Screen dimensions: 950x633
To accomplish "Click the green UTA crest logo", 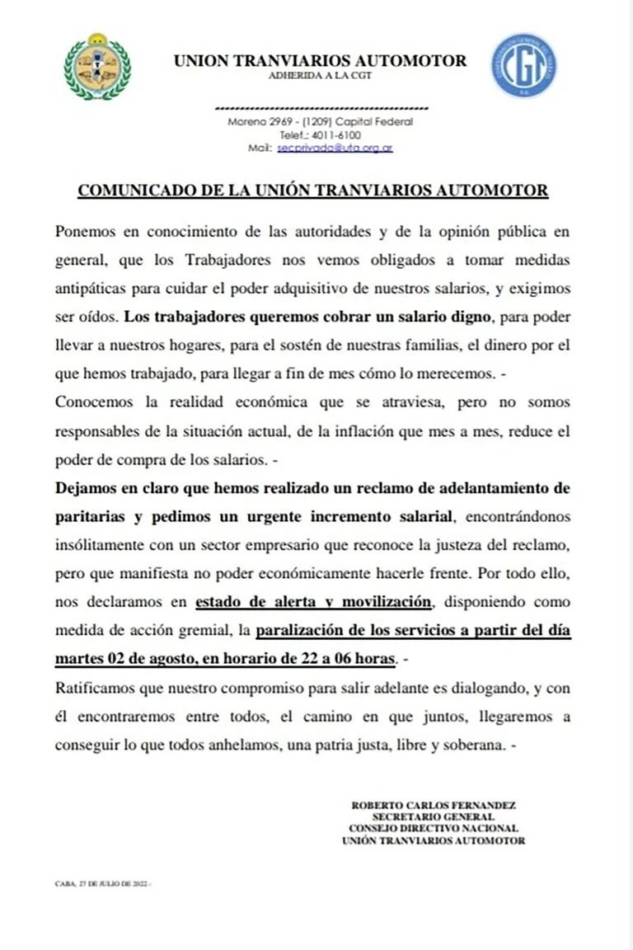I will [97, 66].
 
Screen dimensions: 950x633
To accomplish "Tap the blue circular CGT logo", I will [523, 66].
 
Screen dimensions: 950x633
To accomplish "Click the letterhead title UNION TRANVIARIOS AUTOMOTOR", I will [320, 60].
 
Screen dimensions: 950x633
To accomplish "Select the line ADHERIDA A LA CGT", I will [320, 76].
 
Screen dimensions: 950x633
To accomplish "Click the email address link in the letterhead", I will [335, 148].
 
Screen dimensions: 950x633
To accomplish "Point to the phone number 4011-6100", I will [336, 134].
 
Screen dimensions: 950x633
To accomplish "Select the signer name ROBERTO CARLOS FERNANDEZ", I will [434, 805].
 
